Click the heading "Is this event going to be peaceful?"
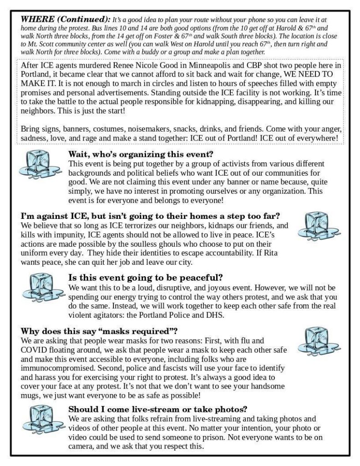click(x=149, y=277)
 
